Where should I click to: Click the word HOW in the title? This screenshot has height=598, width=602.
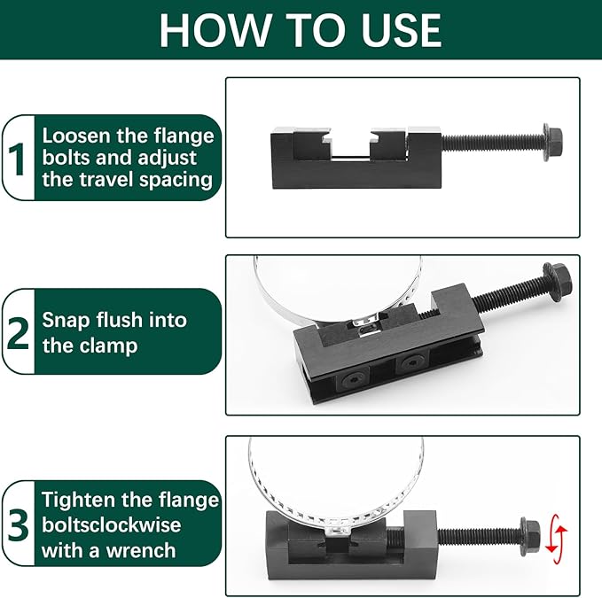(215, 30)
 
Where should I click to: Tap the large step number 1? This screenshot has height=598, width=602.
(17, 159)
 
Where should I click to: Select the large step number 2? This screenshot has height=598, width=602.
(18, 332)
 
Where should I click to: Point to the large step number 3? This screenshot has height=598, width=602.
(18, 524)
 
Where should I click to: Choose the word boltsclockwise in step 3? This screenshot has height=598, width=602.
(112, 524)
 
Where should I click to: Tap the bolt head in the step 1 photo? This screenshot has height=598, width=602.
(553, 142)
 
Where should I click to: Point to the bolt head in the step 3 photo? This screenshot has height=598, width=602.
(530, 536)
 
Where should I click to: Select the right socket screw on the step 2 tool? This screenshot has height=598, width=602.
(412, 361)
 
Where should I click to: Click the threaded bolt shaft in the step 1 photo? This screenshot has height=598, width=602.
(493, 142)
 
